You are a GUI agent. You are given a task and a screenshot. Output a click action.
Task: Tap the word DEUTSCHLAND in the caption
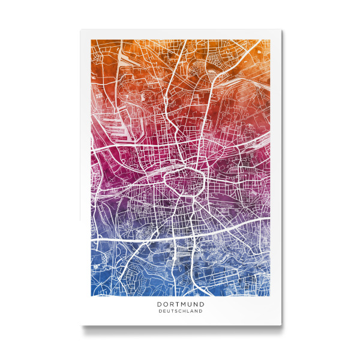(180, 311)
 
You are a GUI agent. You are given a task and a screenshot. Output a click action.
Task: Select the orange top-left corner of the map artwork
(92, 42)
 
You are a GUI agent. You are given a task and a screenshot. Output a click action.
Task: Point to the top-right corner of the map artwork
(268, 42)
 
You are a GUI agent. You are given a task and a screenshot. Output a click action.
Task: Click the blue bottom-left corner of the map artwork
(92, 295)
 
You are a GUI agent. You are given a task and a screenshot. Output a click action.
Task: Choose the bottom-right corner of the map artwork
(268, 295)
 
